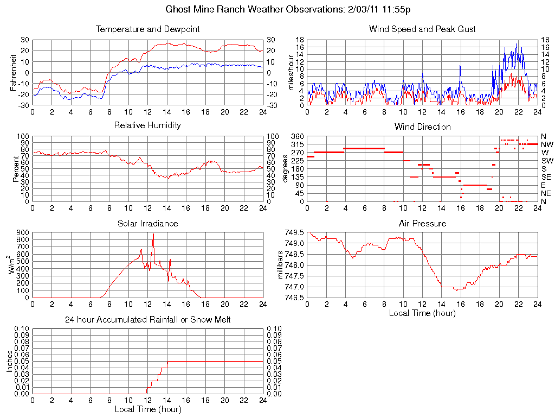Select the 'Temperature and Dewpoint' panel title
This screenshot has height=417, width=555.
(x=147, y=29)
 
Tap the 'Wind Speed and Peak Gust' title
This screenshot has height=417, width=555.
(x=422, y=29)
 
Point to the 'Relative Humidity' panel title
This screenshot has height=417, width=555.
(x=147, y=125)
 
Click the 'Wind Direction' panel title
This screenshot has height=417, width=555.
(x=422, y=127)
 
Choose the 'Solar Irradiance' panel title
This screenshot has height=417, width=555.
(x=147, y=223)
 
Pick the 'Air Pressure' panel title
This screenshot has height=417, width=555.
(x=422, y=223)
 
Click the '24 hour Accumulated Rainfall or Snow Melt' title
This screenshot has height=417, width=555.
(x=147, y=320)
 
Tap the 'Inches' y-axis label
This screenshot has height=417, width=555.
(x=9, y=361)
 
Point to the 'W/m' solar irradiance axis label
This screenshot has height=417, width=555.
(x=12, y=264)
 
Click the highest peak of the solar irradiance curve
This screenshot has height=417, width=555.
(x=153, y=234)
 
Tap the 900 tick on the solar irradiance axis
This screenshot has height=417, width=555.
(x=23, y=232)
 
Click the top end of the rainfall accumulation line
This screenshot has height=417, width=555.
(x=167, y=362)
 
